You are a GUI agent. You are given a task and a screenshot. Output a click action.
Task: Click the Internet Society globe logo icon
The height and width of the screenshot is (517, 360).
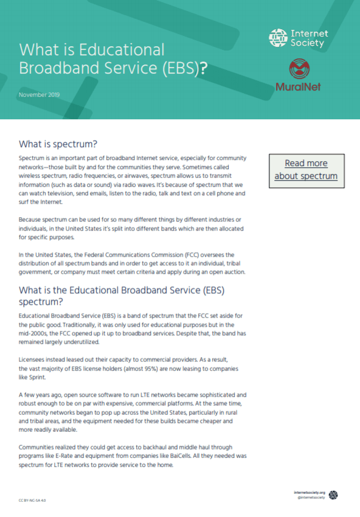[278, 38]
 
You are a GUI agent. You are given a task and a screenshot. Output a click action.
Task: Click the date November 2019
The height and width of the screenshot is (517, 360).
[39, 95]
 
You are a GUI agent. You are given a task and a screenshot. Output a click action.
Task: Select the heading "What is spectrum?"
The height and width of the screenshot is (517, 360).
[58, 144]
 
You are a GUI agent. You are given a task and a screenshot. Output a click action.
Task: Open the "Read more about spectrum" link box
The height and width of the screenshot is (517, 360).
[306, 170]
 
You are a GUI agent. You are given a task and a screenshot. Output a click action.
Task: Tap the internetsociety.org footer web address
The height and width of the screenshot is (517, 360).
[310, 492]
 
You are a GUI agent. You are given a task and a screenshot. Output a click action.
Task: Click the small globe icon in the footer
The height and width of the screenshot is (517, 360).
[333, 495]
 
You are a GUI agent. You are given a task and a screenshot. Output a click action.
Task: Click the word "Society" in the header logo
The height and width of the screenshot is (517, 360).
[306, 43]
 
